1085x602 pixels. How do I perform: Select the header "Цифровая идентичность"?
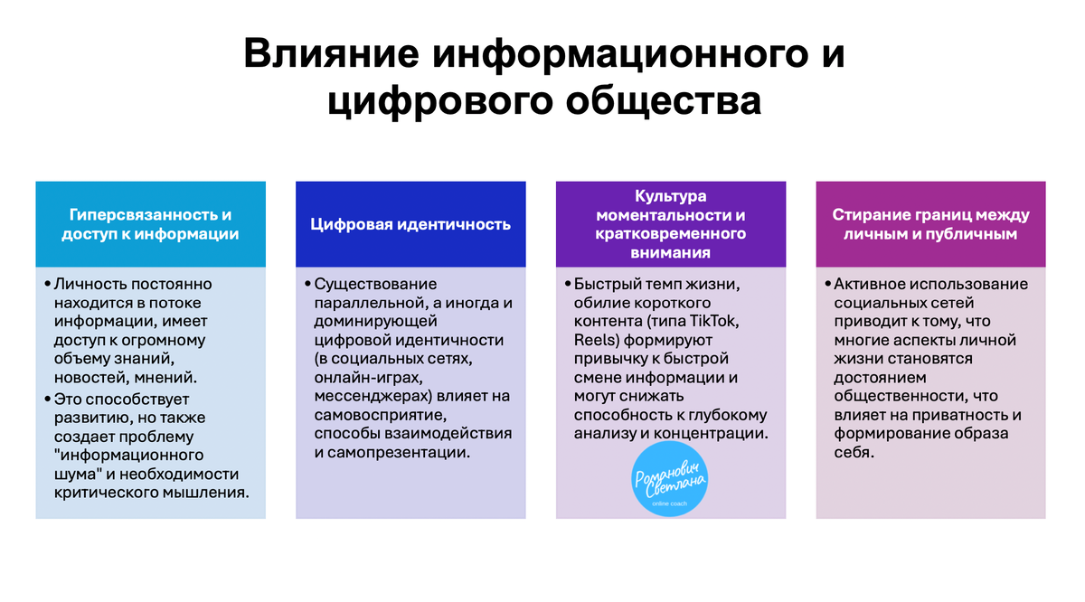click(x=410, y=224)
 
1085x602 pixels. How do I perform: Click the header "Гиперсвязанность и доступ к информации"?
click(x=150, y=224)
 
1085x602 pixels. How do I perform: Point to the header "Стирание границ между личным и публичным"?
click(x=931, y=224)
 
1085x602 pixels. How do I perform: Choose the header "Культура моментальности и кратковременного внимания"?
click(x=671, y=224)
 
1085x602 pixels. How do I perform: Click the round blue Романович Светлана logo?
click(x=671, y=483)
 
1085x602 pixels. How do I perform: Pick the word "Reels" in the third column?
click(x=594, y=341)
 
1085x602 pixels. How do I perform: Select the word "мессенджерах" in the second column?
click(x=371, y=396)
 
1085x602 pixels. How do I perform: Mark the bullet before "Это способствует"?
click(x=47, y=398)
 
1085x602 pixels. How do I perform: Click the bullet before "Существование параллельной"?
click(x=307, y=285)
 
